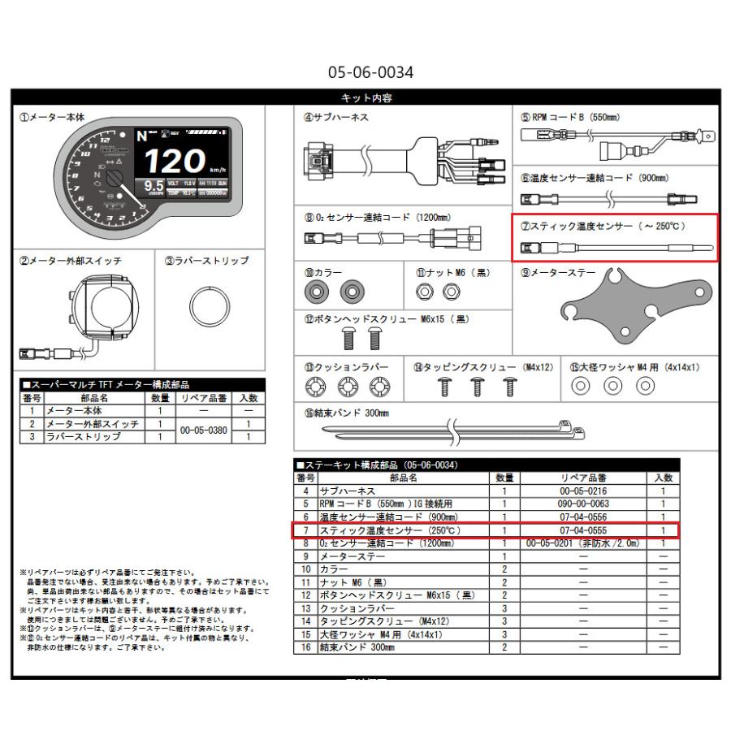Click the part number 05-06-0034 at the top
pyautogui.click(x=370, y=72)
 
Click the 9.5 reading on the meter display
pyautogui.click(x=153, y=188)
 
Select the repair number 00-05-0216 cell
pyautogui.click(x=583, y=491)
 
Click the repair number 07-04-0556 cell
pyautogui.click(x=583, y=517)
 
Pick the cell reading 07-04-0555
pyautogui.click(x=583, y=530)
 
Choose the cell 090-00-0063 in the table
pyautogui.click(x=583, y=504)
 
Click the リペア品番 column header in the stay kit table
pyautogui.click(x=583, y=478)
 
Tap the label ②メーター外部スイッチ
pyautogui.click(x=71, y=261)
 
